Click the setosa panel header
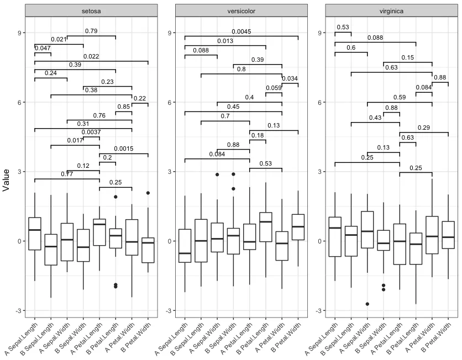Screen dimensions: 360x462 point(91,10)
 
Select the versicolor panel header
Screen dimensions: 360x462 point(241,10)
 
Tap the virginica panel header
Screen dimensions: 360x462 point(391,10)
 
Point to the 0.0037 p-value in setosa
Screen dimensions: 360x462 point(91,133)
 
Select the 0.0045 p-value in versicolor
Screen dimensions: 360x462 point(241,31)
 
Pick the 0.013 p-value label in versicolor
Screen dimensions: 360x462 point(225,41)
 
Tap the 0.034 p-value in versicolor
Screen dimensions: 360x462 point(290,79)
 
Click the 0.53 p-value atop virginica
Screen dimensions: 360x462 point(343,28)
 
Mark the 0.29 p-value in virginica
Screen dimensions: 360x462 point(424,128)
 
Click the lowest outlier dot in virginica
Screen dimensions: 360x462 point(368,304)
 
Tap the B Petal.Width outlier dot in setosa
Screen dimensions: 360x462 point(148,193)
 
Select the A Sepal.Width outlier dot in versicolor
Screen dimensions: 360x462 point(217,174)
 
